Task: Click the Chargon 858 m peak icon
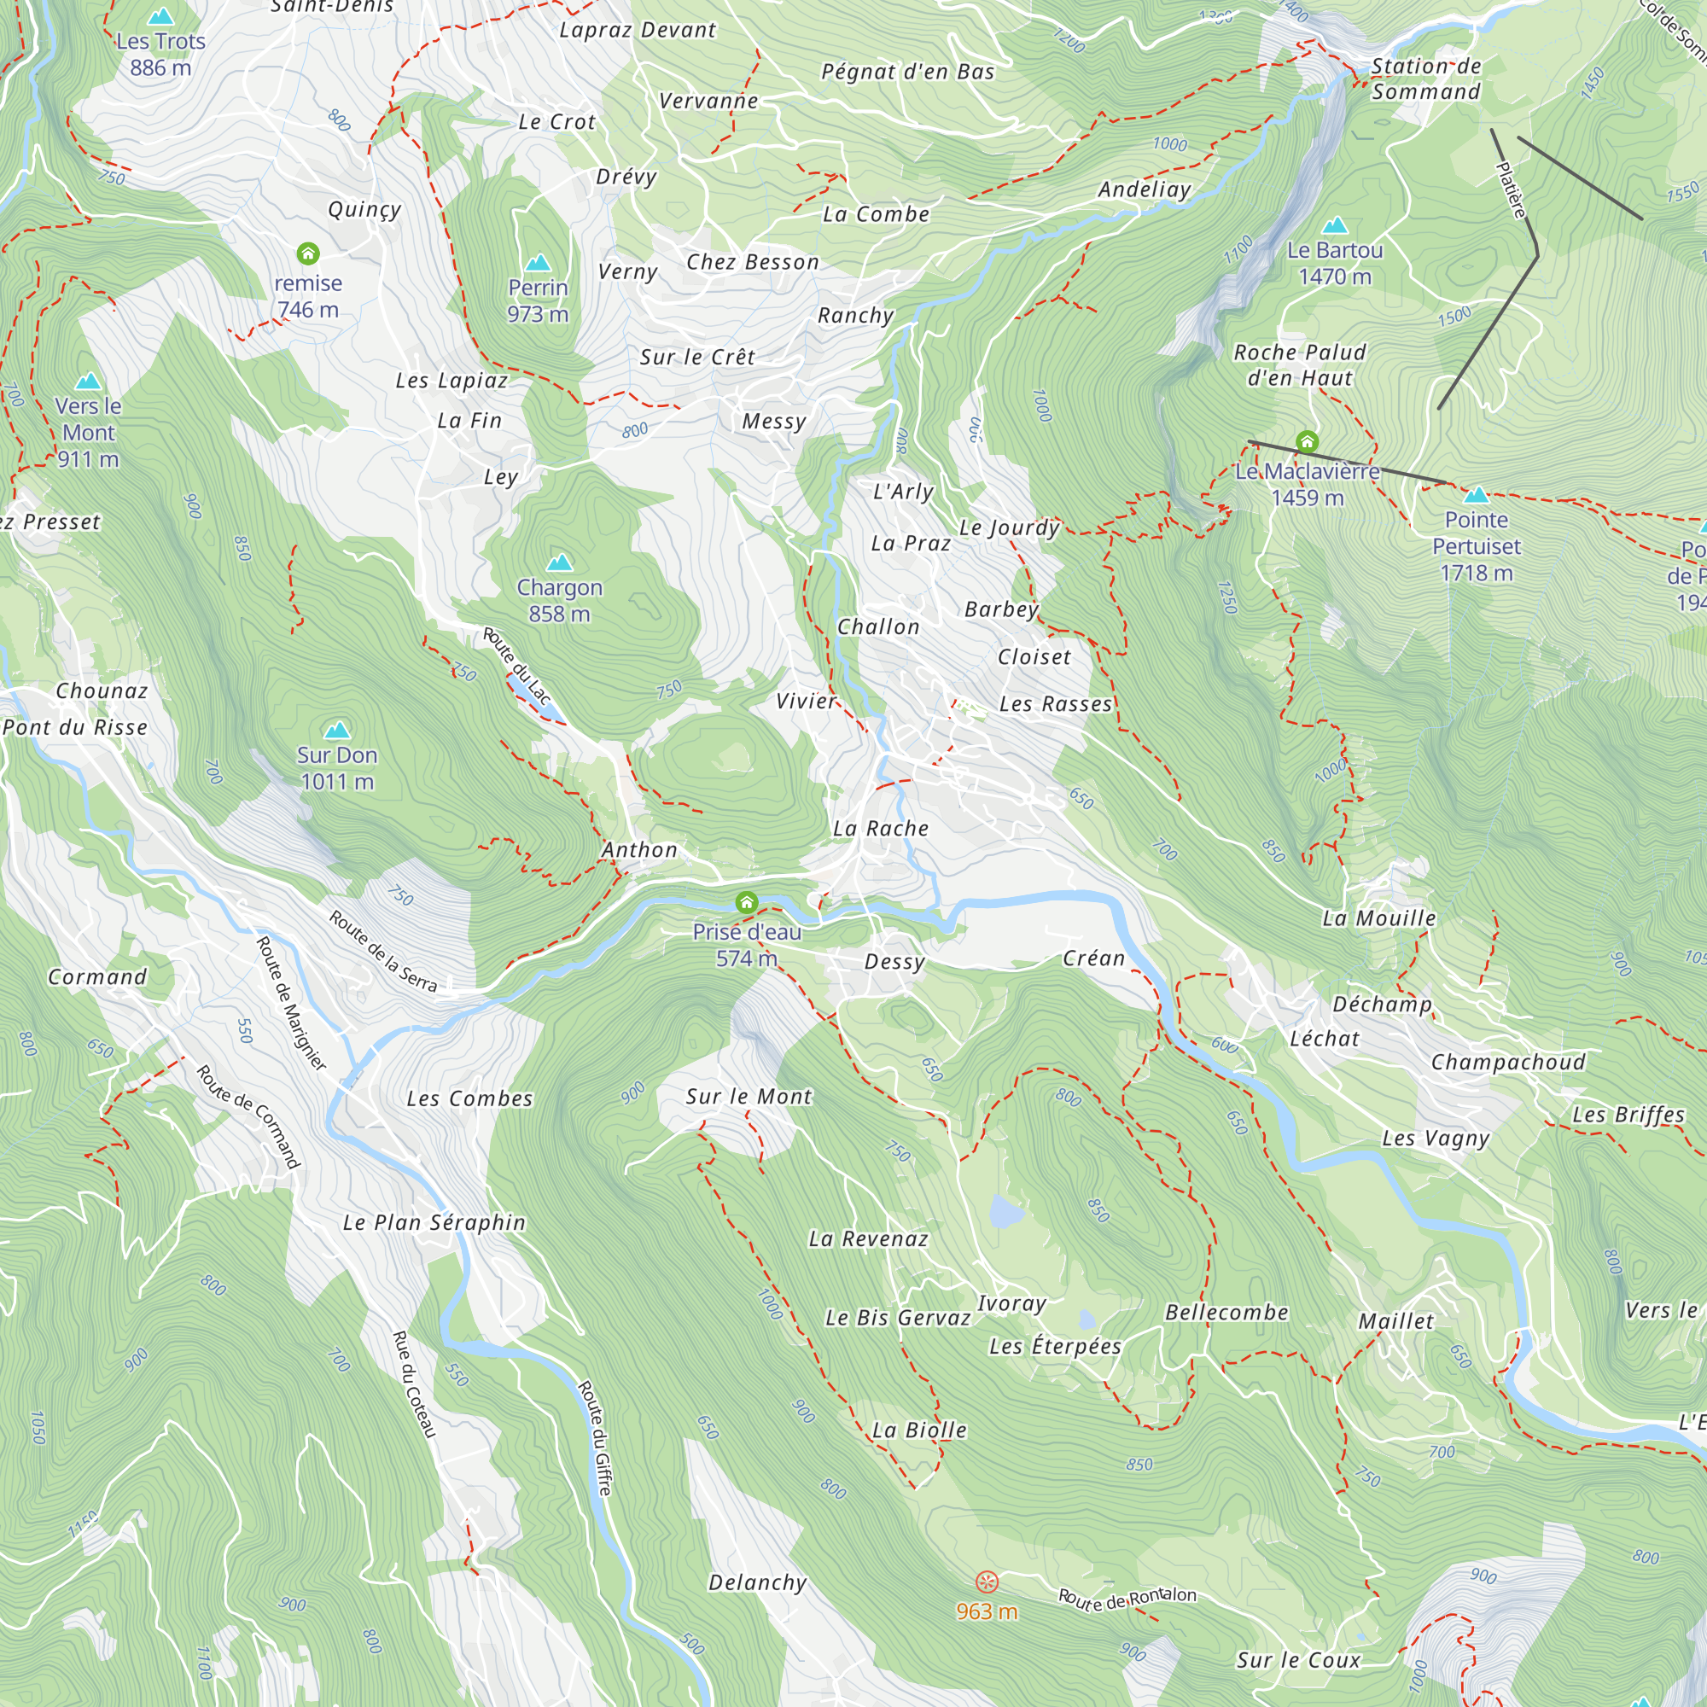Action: coord(559,562)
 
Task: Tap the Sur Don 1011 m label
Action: coord(336,768)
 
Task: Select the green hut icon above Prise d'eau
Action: coord(747,902)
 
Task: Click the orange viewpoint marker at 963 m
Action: coord(987,1582)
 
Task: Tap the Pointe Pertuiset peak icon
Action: coord(1477,494)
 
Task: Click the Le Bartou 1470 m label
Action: coord(1334,263)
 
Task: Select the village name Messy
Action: coord(774,422)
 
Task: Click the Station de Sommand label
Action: coord(1425,79)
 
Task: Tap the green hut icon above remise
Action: coord(307,254)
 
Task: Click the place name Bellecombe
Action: coord(1226,1312)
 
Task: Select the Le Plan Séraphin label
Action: coord(434,1222)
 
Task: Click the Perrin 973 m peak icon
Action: coord(538,263)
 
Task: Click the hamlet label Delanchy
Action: coord(757,1582)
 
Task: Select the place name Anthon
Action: coord(639,850)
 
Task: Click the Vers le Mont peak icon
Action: coord(89,382)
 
